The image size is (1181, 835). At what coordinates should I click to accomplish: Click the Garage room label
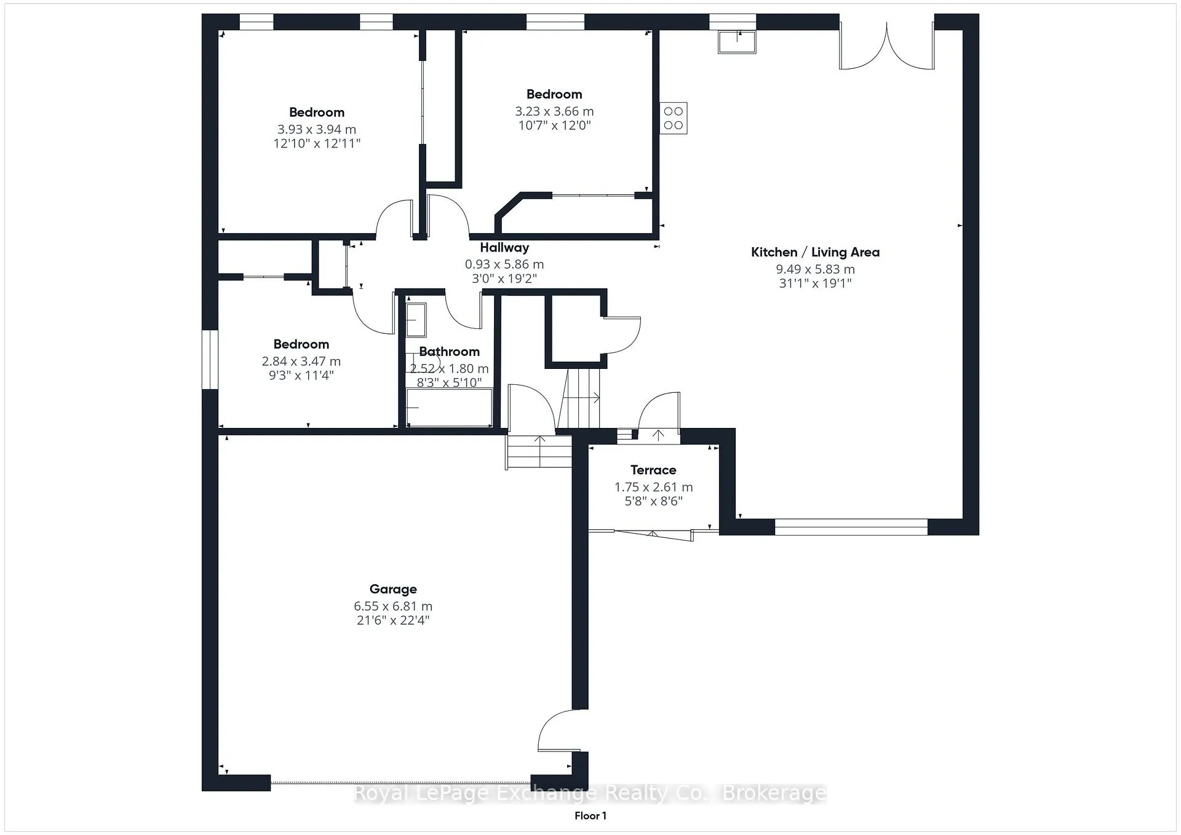pyautogui.click(x=393, y=590)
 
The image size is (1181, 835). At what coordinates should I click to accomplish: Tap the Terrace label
pyautogui.click(x=653, y=470)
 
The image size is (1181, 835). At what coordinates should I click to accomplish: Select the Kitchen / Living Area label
pyautogui.click(x=815, y=252)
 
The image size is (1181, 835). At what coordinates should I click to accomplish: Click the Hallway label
pyautogui.click(x=504, y=248)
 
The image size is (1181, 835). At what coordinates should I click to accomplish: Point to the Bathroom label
pyautogui.click(x=449, y=352)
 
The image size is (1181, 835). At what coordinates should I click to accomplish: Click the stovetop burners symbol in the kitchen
pyautogui.click(x=674, y=118)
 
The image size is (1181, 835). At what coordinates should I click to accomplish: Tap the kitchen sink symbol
pyautogui.click(x=737, y=42)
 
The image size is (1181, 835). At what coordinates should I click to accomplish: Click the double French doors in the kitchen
pyautogui.click(x=887, y=46)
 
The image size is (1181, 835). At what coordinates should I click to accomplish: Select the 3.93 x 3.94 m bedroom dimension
pyautogui.click(x=317, y=130)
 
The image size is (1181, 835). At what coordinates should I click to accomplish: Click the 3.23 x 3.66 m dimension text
pyautogui.click(x=554, y=112)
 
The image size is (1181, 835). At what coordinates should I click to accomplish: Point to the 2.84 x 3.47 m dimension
pyautogui.click(x=301, y=362)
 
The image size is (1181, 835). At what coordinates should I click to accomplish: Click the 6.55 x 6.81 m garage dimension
pyautogui.click(x=393, y=606)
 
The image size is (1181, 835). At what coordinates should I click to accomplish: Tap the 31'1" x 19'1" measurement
pyautogui.click(x=815, y=283)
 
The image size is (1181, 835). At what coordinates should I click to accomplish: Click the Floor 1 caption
pyautogui.click(x=590, y=816)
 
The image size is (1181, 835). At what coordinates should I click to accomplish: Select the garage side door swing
pyautogui.click(x=559, y=730)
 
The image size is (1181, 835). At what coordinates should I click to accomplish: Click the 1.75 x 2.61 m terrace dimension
pyautogui.click(x=653, y=487)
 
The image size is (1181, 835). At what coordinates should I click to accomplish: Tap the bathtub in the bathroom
pyautogui.click(x=449, y=407)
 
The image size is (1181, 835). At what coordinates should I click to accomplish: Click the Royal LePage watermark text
pyautogui.click(x=590, y=793)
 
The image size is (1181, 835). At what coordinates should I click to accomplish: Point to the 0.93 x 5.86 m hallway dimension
pyautogui.click(x=504, y=264)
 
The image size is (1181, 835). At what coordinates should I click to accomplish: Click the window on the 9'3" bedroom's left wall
pyautogui.click(x=210, y=360)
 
